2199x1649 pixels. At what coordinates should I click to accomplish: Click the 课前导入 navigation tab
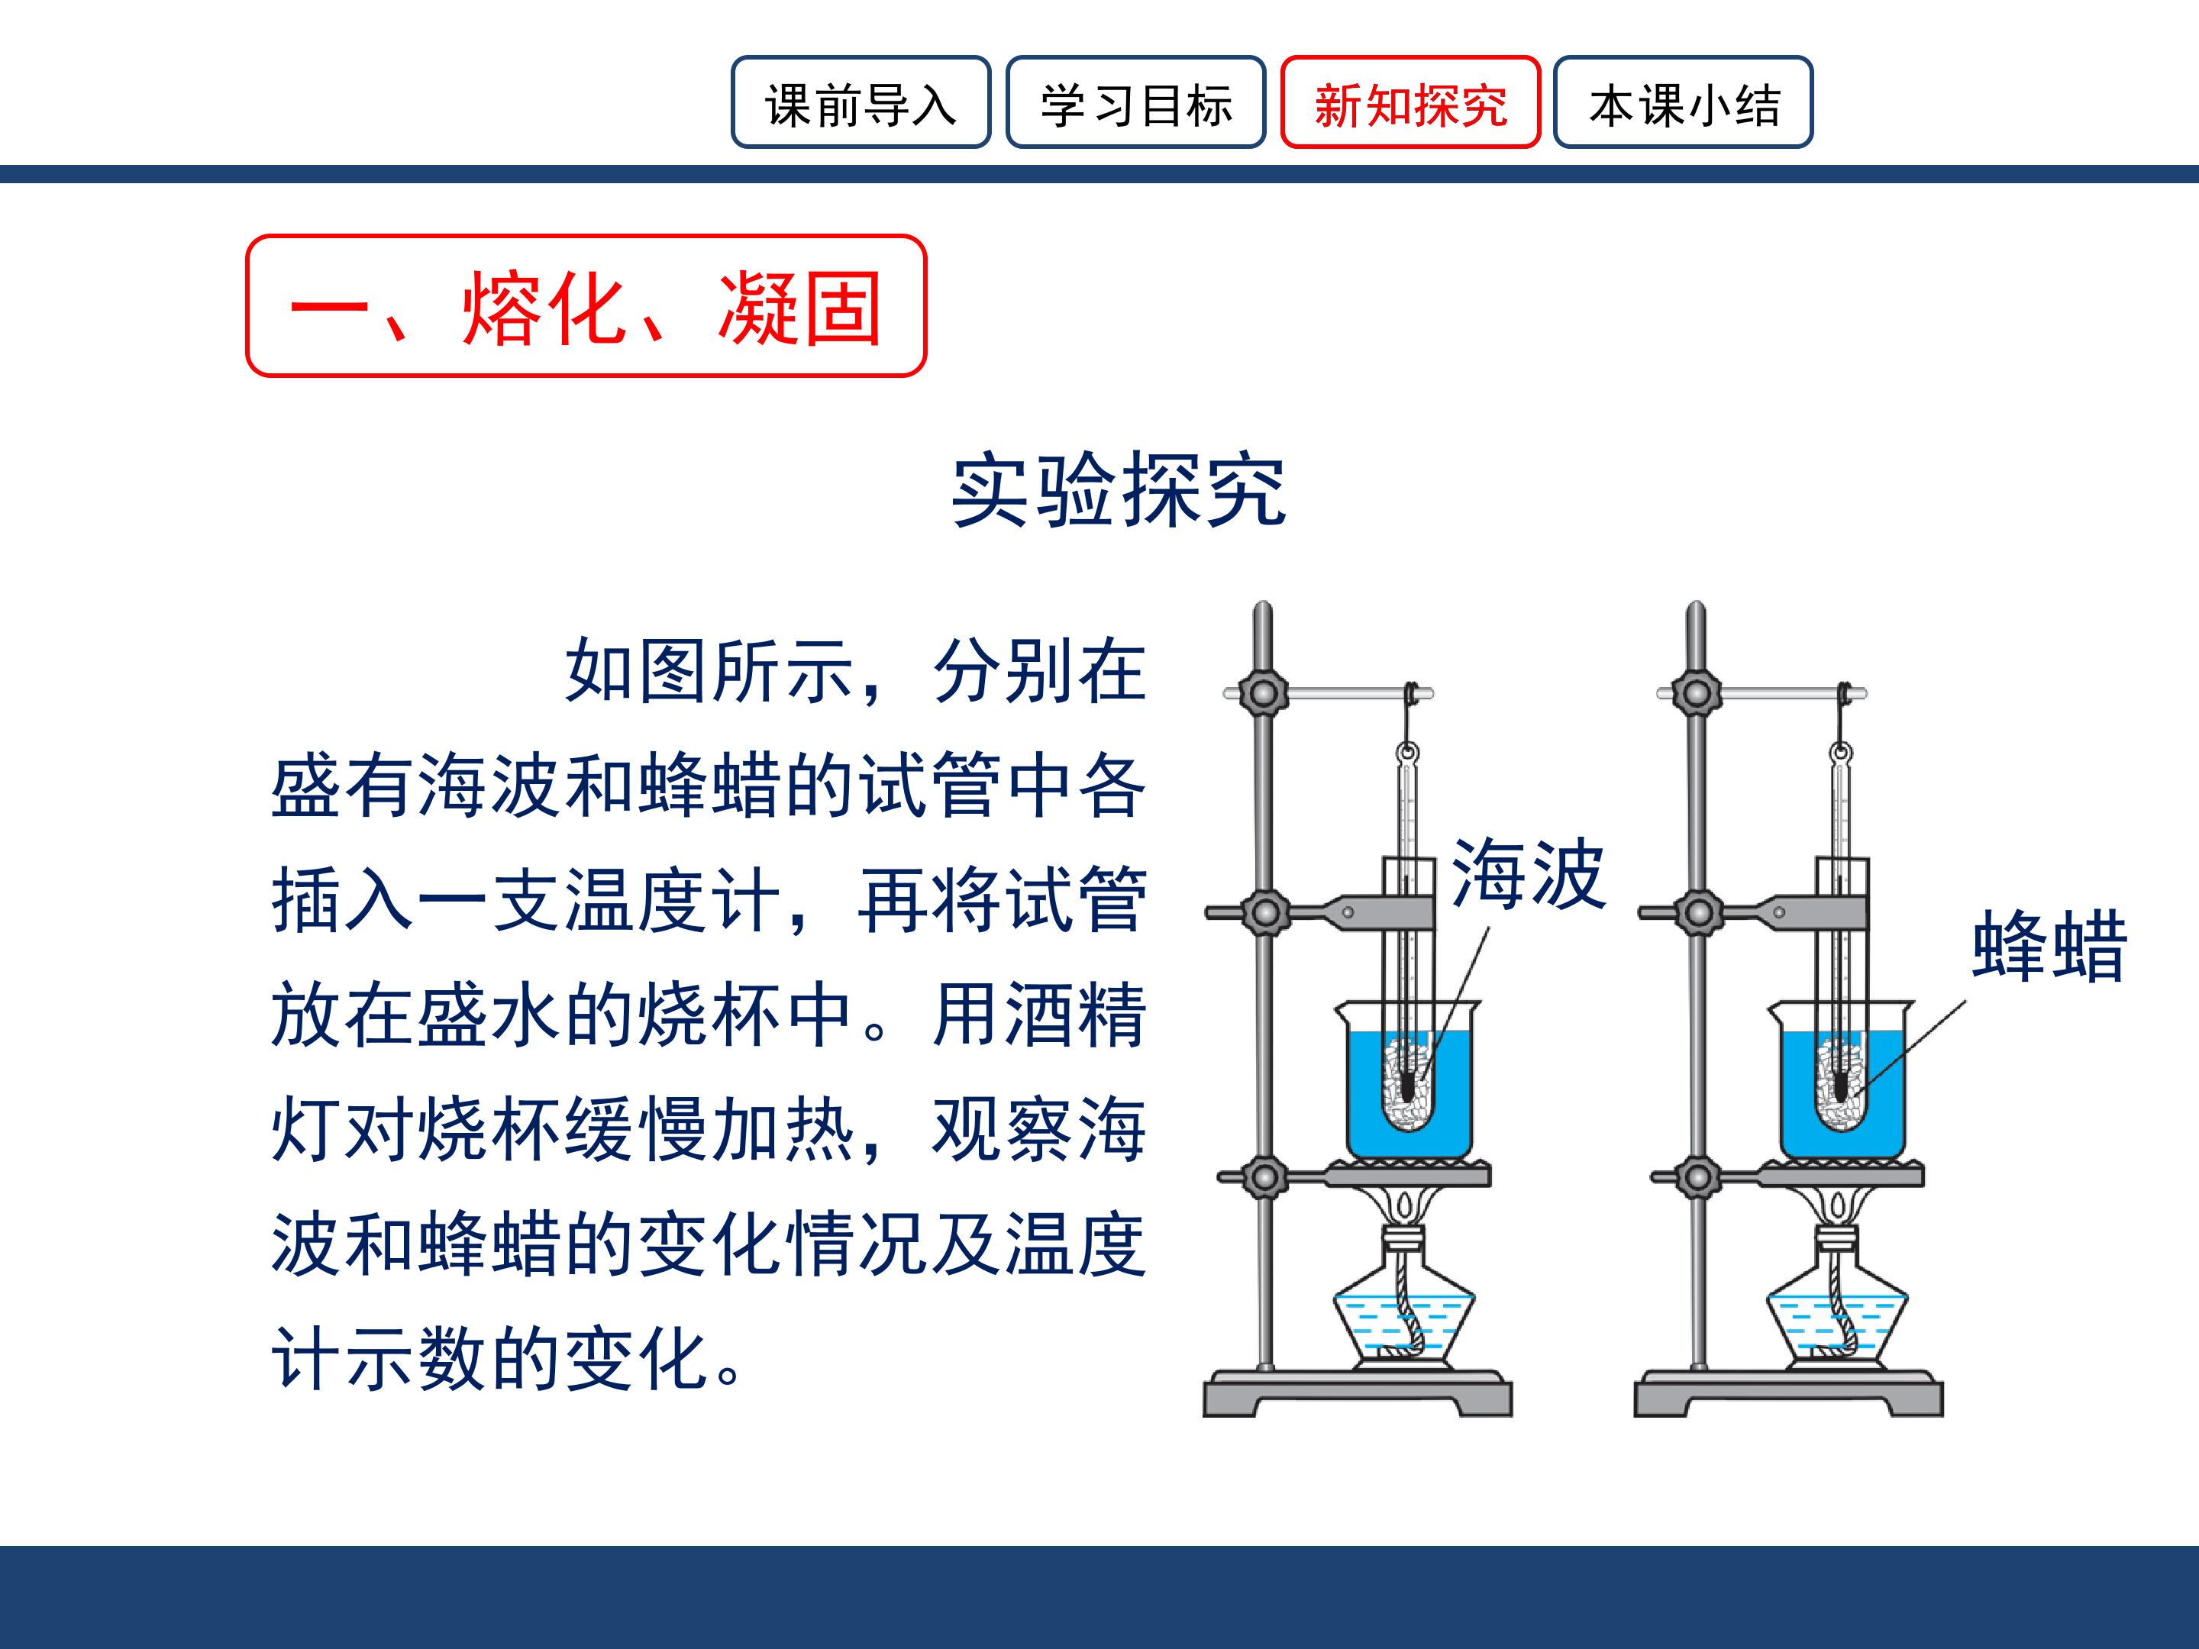(x=861, y=102)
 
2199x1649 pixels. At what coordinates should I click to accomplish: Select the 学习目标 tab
(x=1135, y=102)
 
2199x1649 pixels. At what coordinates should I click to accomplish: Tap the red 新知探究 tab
(x=1411, y=102)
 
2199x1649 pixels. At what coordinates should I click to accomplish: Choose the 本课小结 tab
(x=1684, y=102)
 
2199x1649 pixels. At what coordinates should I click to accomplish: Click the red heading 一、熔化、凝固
(x=586, y=306)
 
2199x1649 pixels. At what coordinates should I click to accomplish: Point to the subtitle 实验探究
(x=1119, y=490)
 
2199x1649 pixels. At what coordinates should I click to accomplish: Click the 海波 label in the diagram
(x=1528, y=873)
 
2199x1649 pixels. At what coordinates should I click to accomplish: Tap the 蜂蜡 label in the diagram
(x=2049, y=946)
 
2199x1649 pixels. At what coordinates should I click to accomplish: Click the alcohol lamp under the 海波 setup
(x=1403, y=1297)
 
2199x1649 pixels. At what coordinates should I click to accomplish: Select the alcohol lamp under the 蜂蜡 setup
(x=1837, y=1297)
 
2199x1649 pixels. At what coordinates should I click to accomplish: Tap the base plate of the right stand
(x=1790, y=1393)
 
